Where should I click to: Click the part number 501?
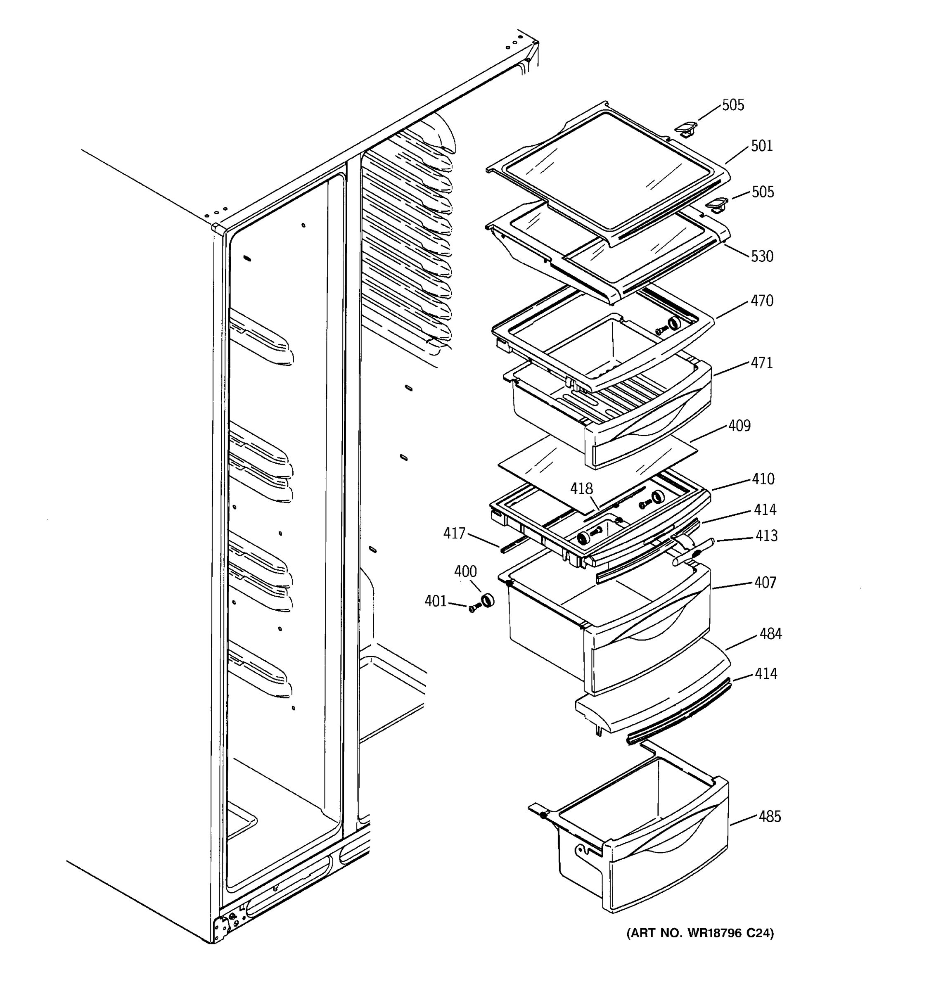[x=761, y=146]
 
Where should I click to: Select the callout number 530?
[x=762, y=256]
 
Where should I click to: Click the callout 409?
[x=739, y=426]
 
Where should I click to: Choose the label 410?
[x=763, y=479]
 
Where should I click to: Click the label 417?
[x=454, y=533]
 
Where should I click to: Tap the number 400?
[x=465, y=571]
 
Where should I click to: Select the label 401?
[x=436, y=601]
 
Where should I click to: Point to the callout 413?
[x=766, y=536]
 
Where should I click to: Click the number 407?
[x=765, y=582]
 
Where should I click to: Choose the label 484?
[x=770, y=634]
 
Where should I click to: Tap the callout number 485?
[x=770, y=816]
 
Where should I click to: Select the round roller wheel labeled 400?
[x=486, y=601]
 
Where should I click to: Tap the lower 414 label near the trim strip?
[x=765, y=674]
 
